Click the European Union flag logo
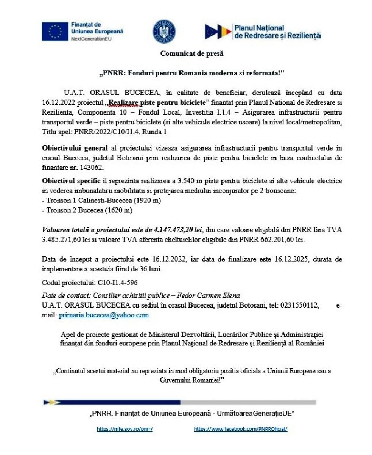pyautogui.click(x=55, y=31)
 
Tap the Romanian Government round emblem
pyautogui.click(x=164, y=31)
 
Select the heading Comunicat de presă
pyautogui.click(x=192, y=54)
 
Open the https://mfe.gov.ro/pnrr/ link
pyautogui.click(x=124, y=429)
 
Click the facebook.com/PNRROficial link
pyautogui.click(x=241, y=429)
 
